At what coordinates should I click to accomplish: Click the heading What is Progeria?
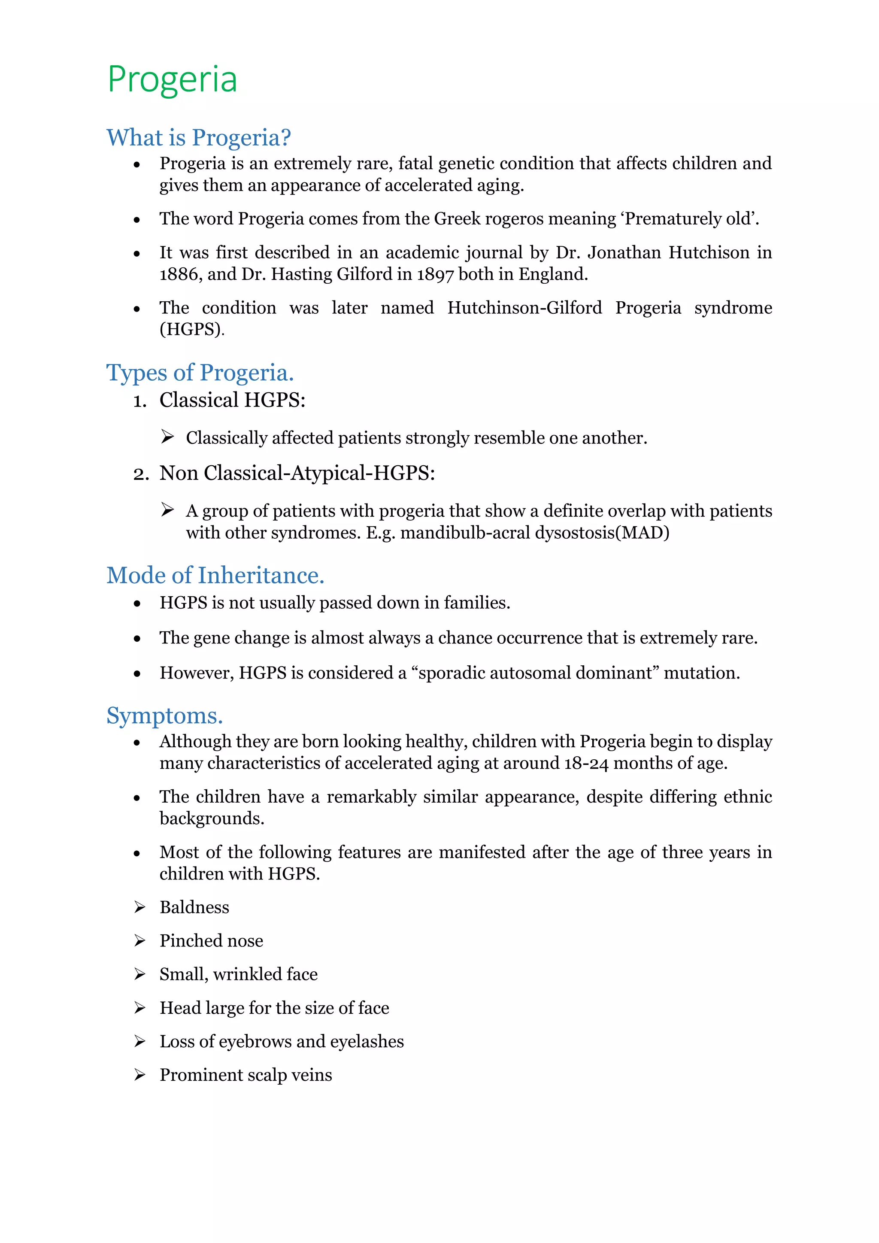coord(199,137)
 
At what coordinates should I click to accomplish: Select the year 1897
coord(435,274)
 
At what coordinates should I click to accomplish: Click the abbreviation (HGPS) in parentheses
coord(191,329)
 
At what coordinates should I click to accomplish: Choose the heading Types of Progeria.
coord(200,373)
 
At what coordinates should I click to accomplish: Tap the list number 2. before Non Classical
coord(141,474)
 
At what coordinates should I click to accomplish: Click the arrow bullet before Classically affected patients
coord(167,437)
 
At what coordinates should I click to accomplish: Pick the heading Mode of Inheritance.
coord(215,575)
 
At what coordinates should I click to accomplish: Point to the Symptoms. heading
coord(164,715)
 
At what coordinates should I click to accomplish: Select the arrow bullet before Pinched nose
coord(139,941)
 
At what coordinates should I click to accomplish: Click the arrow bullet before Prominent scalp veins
coord(139,1075)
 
